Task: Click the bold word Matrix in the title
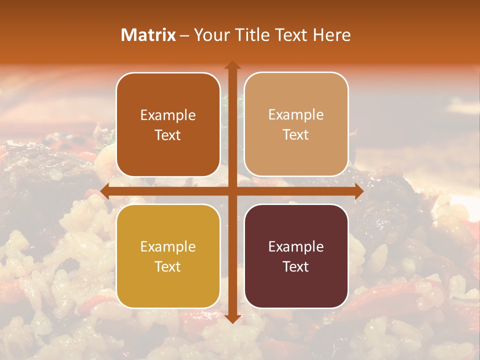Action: [x=148, y=35]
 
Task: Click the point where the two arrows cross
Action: [x=232, y=191]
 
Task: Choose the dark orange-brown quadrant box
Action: [x=168, y=125]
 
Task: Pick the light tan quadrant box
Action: [x=296, y=124]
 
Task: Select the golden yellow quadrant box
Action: [x=168, y=256]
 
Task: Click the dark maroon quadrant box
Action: [x=296, y=256]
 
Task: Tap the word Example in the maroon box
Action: [x=296, y=246]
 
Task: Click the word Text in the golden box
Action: [x=168, y=266]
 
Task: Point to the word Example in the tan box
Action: [x=296, y=115]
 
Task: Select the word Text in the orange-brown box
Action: [x=168, y=135]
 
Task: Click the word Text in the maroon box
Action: [x=296, y=266]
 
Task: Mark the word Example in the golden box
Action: [x=168, y=246]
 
